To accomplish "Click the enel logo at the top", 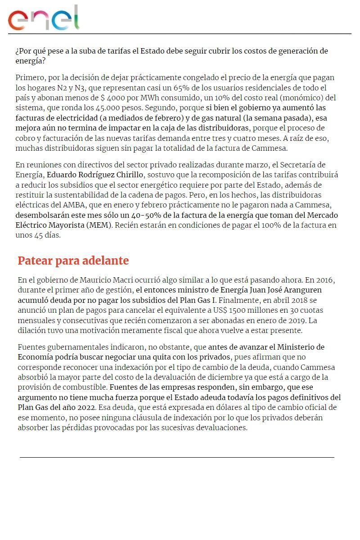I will point(44,18).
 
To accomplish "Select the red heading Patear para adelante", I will point(73,261).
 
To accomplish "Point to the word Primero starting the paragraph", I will point(30,78).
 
